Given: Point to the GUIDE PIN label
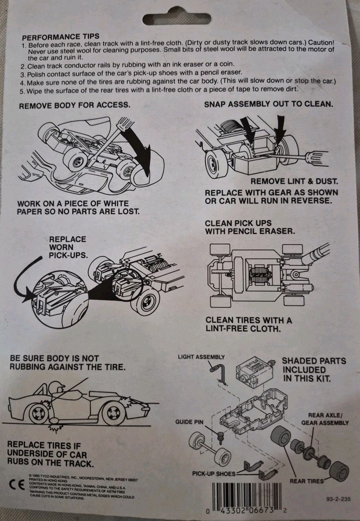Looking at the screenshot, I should [x=188, y=421].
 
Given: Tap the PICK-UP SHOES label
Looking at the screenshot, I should [x=214, y=474].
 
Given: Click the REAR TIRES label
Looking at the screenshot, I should [x=307, y=480].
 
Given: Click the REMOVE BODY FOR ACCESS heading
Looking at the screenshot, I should [x=74, y=105].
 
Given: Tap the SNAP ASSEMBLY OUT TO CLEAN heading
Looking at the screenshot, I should [x=269, y=104].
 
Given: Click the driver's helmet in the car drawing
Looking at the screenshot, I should [x=56, y=388].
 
